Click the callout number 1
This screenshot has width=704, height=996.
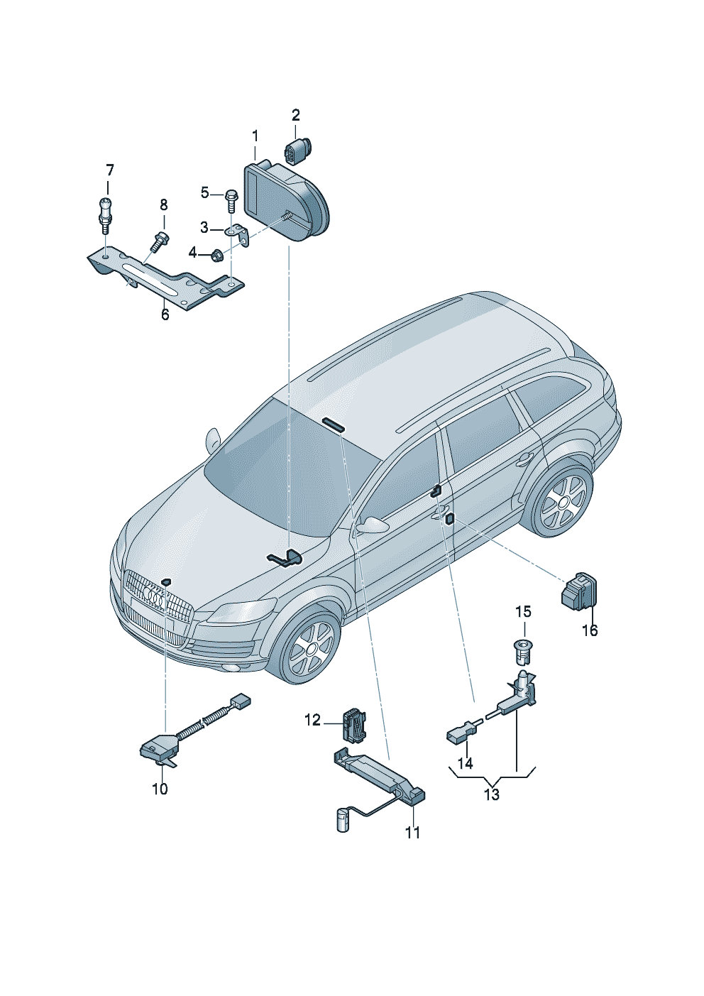pyautogui.click(x=255, y=136)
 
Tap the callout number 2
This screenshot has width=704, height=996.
pyautogui.click(x=295, y=116)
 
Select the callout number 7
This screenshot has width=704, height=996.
pyautogui.click(x=109, y=170)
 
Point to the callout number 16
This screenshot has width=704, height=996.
pyautogui.click(x=590, y=630)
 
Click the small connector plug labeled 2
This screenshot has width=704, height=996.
pyautogui.click(x=297, y=148)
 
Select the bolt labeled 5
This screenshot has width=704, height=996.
pyautogui.click(x=231, y=202)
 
